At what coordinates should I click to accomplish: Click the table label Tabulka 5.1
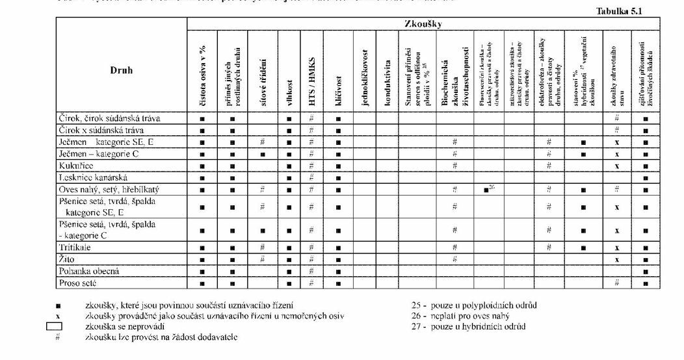click(x=618, y=11)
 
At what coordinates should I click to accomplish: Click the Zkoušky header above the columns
click(x=423, y=24)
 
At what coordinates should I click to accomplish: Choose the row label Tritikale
click(x=75, y=248)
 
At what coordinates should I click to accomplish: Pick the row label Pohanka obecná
click(x=88, y=271)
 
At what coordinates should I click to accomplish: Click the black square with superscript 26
click(x=488, y=188)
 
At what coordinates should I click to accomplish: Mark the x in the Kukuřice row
click(x=616, y=166)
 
